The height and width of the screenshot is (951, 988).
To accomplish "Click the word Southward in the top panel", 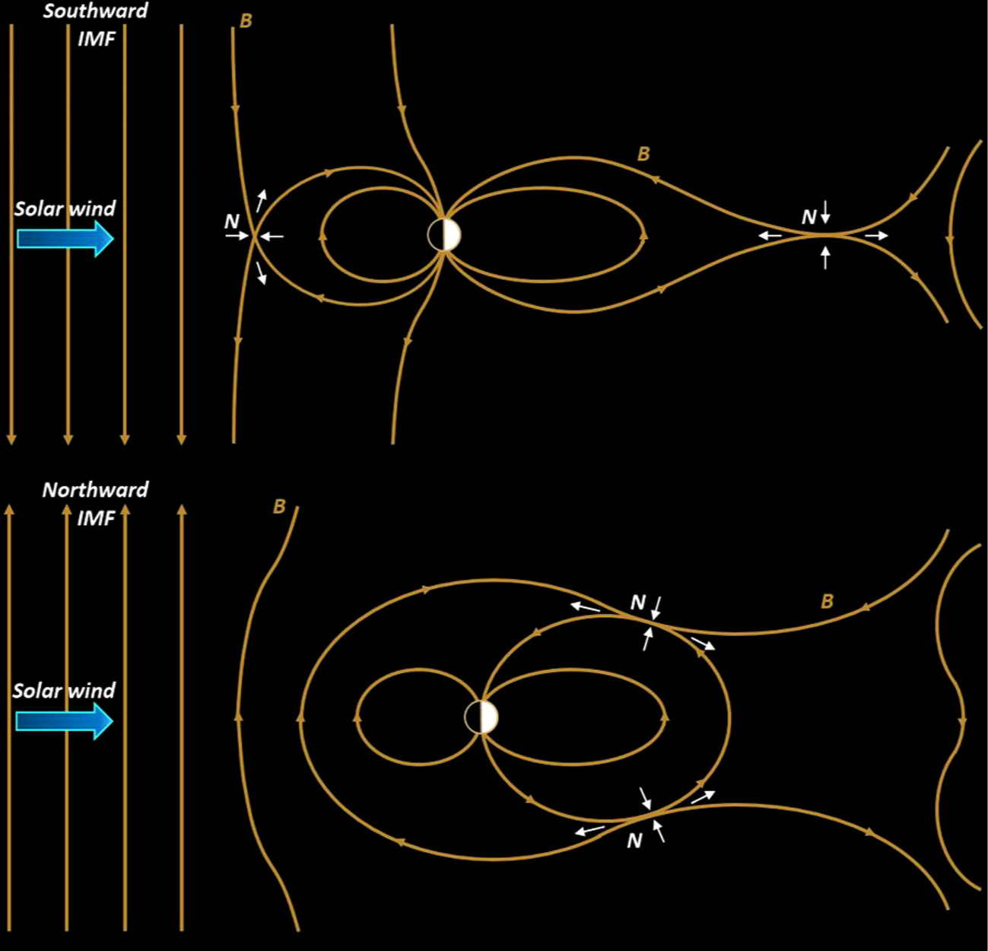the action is pos(95,11).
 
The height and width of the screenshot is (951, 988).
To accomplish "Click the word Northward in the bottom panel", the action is pos(95,490).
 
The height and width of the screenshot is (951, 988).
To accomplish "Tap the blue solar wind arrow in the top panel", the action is pos(65,239).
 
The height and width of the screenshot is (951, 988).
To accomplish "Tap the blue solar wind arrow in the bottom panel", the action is pos(65,720).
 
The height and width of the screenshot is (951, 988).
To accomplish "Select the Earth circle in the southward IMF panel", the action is pos(444,235).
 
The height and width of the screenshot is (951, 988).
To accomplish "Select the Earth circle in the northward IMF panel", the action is pos(481,717).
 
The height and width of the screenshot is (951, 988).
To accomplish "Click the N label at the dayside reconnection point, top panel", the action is pos(232,221).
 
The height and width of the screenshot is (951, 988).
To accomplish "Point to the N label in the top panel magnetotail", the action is pos(809,218).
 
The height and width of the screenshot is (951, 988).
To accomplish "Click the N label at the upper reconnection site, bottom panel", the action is pos(638,603).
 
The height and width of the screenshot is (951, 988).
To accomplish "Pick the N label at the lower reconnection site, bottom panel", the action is pos(634,841).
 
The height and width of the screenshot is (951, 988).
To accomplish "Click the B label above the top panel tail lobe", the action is pos(643,154).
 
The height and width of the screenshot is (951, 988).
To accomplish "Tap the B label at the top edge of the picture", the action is pos(246,21).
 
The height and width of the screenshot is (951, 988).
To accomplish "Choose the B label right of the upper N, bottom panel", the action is pos(828,602).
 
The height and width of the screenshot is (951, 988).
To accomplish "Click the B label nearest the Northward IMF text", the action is pos(279,507).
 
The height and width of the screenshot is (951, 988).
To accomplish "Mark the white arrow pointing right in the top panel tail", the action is pos(876,236).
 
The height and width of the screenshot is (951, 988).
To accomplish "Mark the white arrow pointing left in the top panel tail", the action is pos(770,236).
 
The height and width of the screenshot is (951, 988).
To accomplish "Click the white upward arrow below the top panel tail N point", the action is pos(826,258).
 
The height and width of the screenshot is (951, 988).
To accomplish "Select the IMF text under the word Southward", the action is pos(97,39).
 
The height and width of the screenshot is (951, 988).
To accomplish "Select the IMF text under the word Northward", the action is pos(96,518).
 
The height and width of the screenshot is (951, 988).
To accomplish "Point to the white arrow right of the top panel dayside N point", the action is pos(272,237).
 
